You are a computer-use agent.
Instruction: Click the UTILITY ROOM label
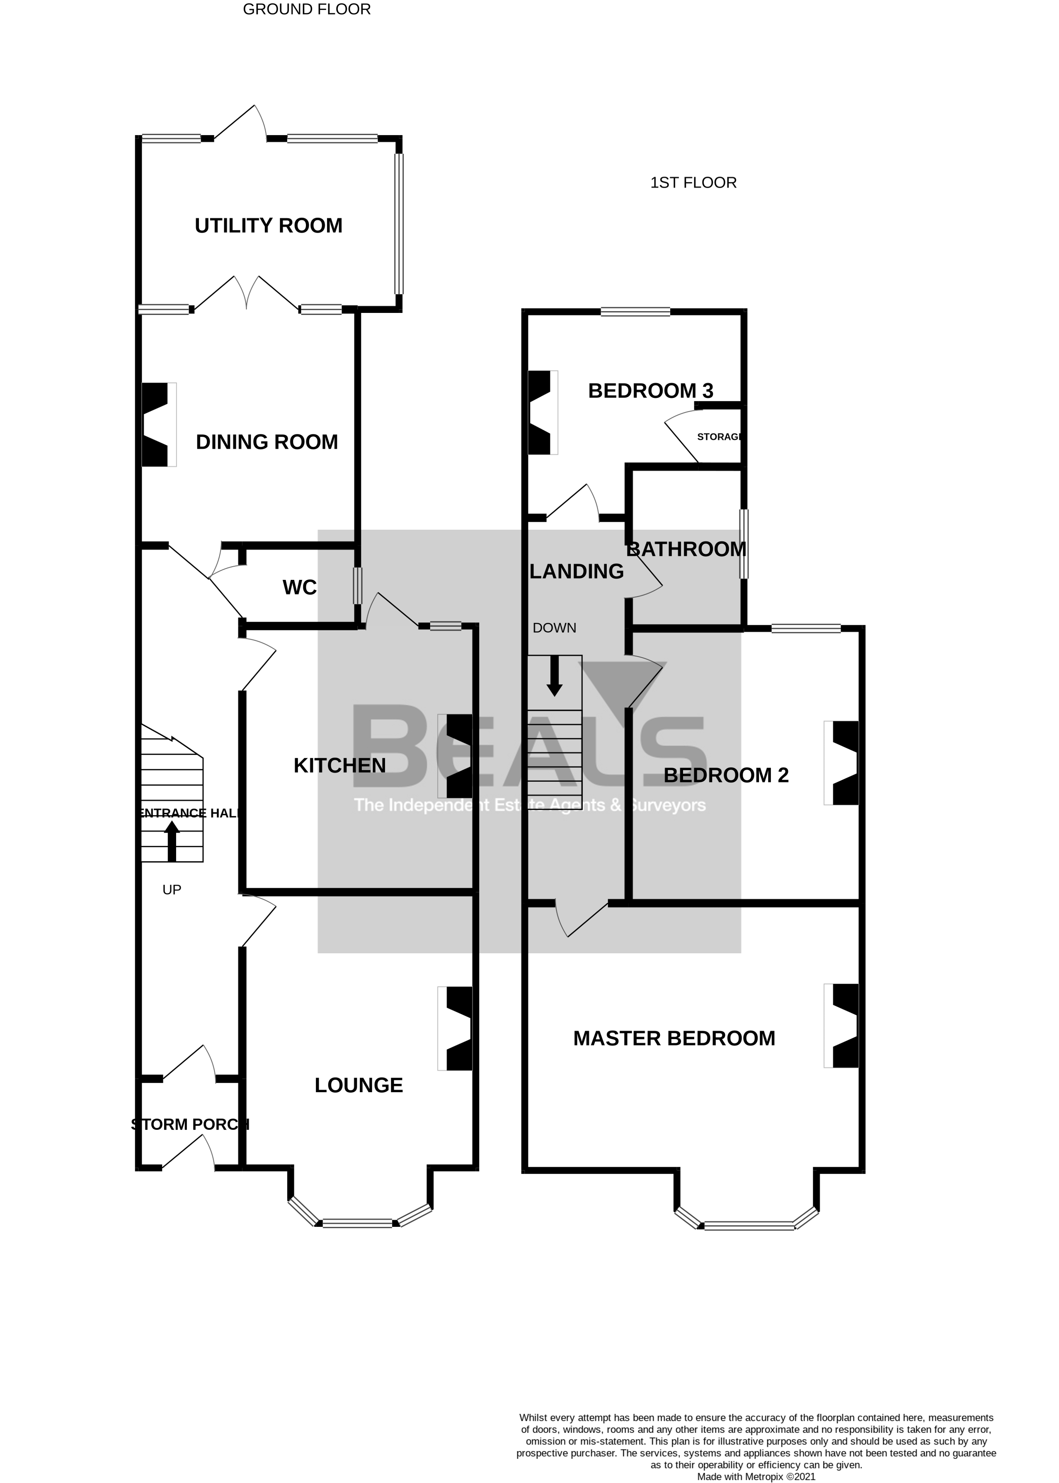pos(268,225)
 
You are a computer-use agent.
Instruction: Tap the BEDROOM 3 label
pos(650,390)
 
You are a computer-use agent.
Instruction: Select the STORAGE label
pos(719,437)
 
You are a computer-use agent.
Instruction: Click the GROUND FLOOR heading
pos(306,9)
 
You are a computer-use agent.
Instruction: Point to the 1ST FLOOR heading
pos(693,183)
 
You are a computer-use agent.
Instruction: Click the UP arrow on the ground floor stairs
pos(172,840)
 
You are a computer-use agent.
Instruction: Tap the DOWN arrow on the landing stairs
pos(554,676)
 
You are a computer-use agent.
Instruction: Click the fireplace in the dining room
pos(157,424)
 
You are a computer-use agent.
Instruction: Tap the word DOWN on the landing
pos(554,628)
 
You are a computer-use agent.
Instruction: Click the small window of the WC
pos(357,586)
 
